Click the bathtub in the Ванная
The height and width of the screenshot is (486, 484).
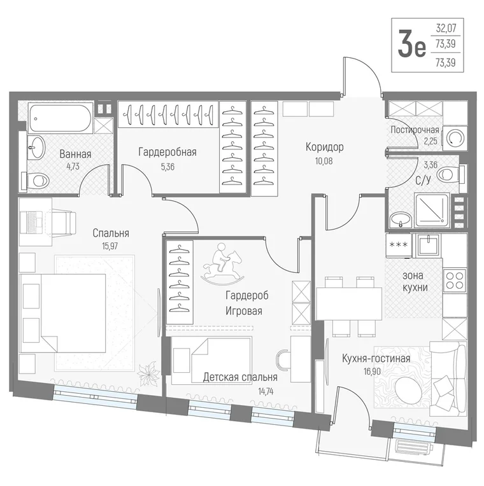pyautogui.click(x=60, y=118)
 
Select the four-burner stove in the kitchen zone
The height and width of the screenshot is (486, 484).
pyautogui.click(x=454, y=280)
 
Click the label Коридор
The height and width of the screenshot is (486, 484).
pyautogui.click(x=325, y=147)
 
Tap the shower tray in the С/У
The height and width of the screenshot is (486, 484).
pyautogui.click(x=432, y=209)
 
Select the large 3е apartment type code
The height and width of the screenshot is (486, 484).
pyautogui.click(x=411, y=45)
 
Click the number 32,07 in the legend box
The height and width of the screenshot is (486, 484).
pyautogui.click(x=446, y=28)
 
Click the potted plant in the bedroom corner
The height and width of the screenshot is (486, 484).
pyautogui.click(x=148, y=370)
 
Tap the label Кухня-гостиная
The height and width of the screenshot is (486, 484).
pyautogui.click(x=376, y=359)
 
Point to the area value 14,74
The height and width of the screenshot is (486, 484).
pyautogui.click(x=266, y=391)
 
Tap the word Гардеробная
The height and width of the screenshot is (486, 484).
pyautogui.click(x=167, y=152)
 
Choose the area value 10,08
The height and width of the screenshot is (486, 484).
pyautogui.click(x=324, y=161)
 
